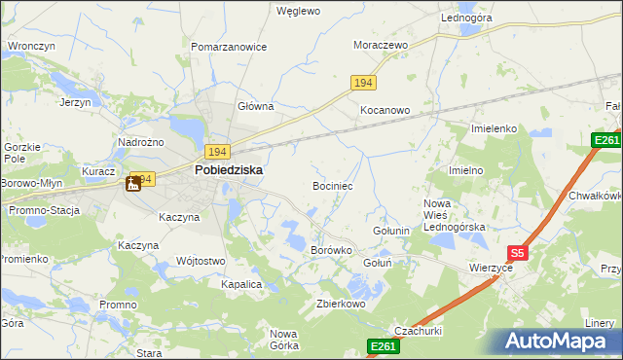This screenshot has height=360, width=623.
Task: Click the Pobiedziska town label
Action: point(228,168)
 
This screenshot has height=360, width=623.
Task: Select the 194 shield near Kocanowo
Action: point(363,84)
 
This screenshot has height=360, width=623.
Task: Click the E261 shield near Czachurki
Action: point(383,345)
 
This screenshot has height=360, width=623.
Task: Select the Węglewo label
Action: point(298,12)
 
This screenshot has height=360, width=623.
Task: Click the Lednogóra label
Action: point(466,18)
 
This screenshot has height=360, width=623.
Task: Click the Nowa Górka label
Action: point(283,340)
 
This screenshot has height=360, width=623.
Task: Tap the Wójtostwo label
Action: point(202,261)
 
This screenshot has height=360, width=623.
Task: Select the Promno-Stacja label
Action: point(44,209)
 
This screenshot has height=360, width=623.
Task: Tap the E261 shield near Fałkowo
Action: point(606,141)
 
